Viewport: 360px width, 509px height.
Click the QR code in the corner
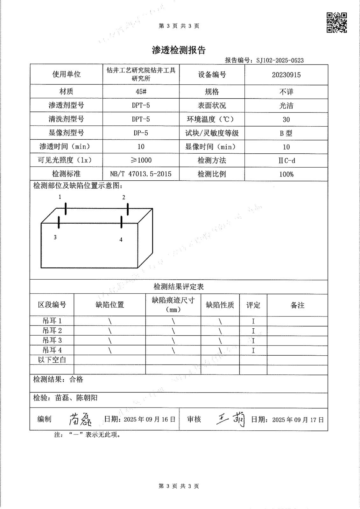337,23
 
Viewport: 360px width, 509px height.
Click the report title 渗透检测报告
179,50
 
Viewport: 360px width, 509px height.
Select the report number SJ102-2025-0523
280,60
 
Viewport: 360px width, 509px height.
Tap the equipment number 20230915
286,75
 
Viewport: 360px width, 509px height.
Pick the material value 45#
141,92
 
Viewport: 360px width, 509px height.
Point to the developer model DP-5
141,133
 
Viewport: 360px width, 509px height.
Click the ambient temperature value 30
286,120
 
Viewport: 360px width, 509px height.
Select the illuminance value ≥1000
141,160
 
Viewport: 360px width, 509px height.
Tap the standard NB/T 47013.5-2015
141,174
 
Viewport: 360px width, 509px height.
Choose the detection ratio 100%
286,174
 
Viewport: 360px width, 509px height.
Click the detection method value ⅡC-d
286,161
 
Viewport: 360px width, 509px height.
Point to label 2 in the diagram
124,198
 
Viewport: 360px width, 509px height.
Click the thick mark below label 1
66,209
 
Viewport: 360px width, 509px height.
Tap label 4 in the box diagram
121,240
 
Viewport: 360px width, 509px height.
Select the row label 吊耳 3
52,340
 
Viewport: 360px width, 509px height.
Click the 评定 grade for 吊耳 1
253,321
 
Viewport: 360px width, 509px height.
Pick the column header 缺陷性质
220,305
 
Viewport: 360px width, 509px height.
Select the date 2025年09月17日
298,420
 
